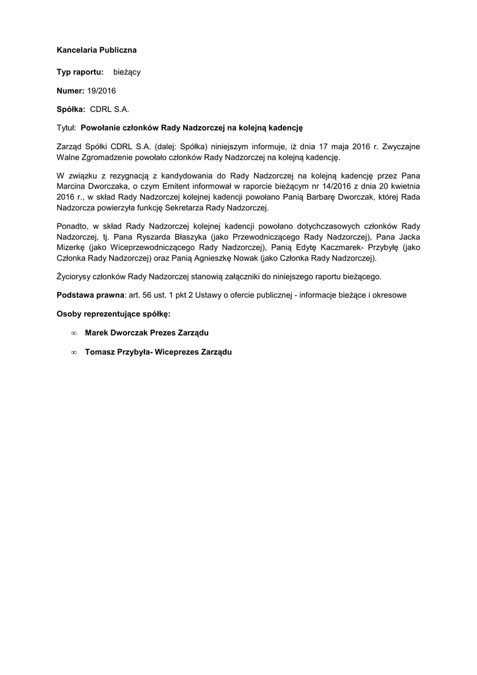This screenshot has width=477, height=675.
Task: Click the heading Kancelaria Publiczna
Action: tap(97, 49)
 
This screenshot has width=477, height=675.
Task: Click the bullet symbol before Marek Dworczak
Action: tap(74, 334)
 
